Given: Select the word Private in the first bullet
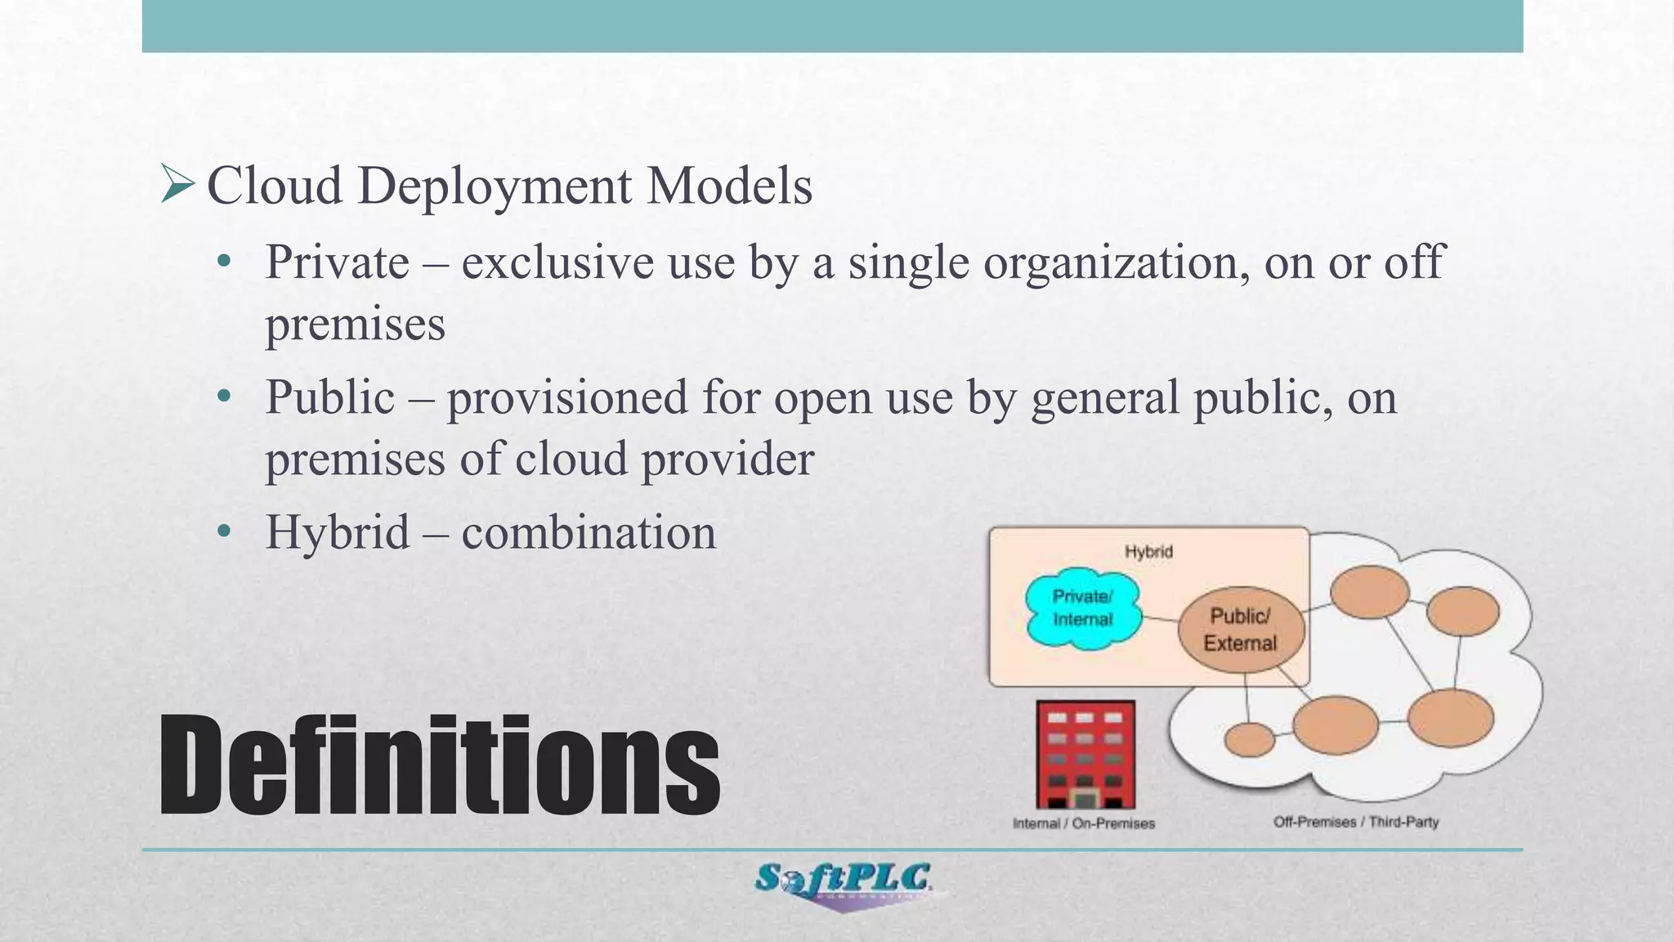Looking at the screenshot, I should click(x=337, y=262).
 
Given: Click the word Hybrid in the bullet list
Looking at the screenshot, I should click(x=337, y=532).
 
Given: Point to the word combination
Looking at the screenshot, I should click(x=589, y=532).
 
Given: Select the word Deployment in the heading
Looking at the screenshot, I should click(x=495, y=186).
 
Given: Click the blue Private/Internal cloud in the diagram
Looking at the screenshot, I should click(x=1082, y=608).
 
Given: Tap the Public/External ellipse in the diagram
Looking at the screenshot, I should click(x=1240, y=630).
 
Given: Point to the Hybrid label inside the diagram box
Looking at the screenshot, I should click(x=1148, y=552).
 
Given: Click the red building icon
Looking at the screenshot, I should click(x=1085, y=755).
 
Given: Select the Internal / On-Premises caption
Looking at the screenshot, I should click(x=1083, y=823).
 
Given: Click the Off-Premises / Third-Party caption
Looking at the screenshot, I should click(x=1355, y=822).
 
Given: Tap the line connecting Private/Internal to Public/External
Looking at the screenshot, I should click(x=1159, y=619).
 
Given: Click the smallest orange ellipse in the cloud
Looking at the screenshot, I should click(x=1249, y=740).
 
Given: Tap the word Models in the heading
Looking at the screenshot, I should click(x=729, y=186).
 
